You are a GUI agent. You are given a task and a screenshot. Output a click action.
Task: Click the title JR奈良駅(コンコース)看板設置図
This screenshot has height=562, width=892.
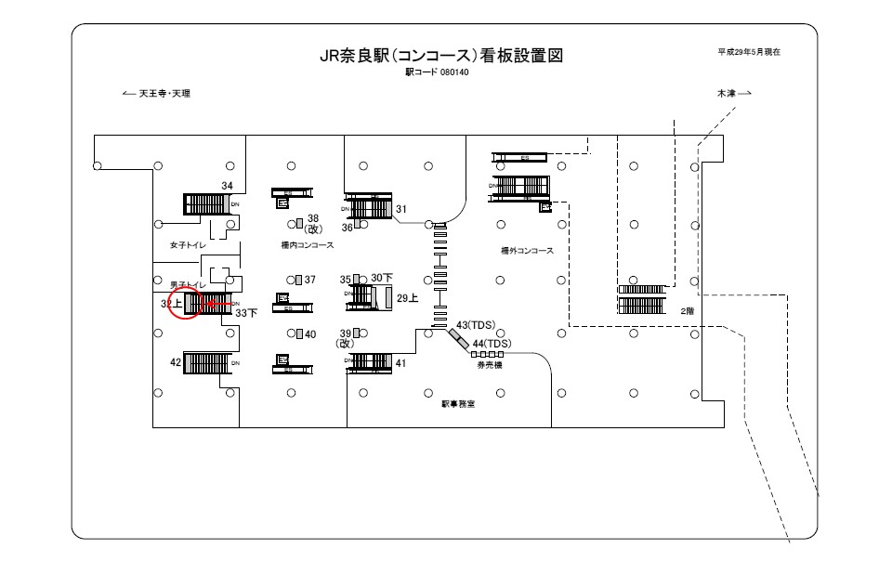coord(440,57)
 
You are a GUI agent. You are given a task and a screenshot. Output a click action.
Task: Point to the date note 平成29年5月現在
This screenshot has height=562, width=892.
coord(748,52)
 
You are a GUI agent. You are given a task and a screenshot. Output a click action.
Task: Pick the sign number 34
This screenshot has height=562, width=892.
coord(227,187)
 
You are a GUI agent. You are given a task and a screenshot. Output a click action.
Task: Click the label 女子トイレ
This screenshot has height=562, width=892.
coord(187,246)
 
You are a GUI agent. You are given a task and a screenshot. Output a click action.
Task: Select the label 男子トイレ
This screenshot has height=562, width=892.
coord(187,283)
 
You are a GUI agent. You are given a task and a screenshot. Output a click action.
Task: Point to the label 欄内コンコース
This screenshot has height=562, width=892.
coord(307,246)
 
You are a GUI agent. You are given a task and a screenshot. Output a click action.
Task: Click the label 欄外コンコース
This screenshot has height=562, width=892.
coord(527,251)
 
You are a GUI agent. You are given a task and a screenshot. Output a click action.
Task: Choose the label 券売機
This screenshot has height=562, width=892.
coord(489,366)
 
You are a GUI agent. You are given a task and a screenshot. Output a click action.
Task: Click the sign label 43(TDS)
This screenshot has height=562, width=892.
coord(477,325)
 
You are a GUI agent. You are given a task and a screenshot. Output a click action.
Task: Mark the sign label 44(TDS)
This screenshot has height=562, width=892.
coord(492,344)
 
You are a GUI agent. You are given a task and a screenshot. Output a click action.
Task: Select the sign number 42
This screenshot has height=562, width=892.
coord(176,362)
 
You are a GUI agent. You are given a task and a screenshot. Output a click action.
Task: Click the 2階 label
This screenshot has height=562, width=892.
coord(687,311)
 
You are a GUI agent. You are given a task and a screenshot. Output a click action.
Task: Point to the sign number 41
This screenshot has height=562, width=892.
coord(401,363)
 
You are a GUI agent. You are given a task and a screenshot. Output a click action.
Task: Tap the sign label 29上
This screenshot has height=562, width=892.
coord(408,298)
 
